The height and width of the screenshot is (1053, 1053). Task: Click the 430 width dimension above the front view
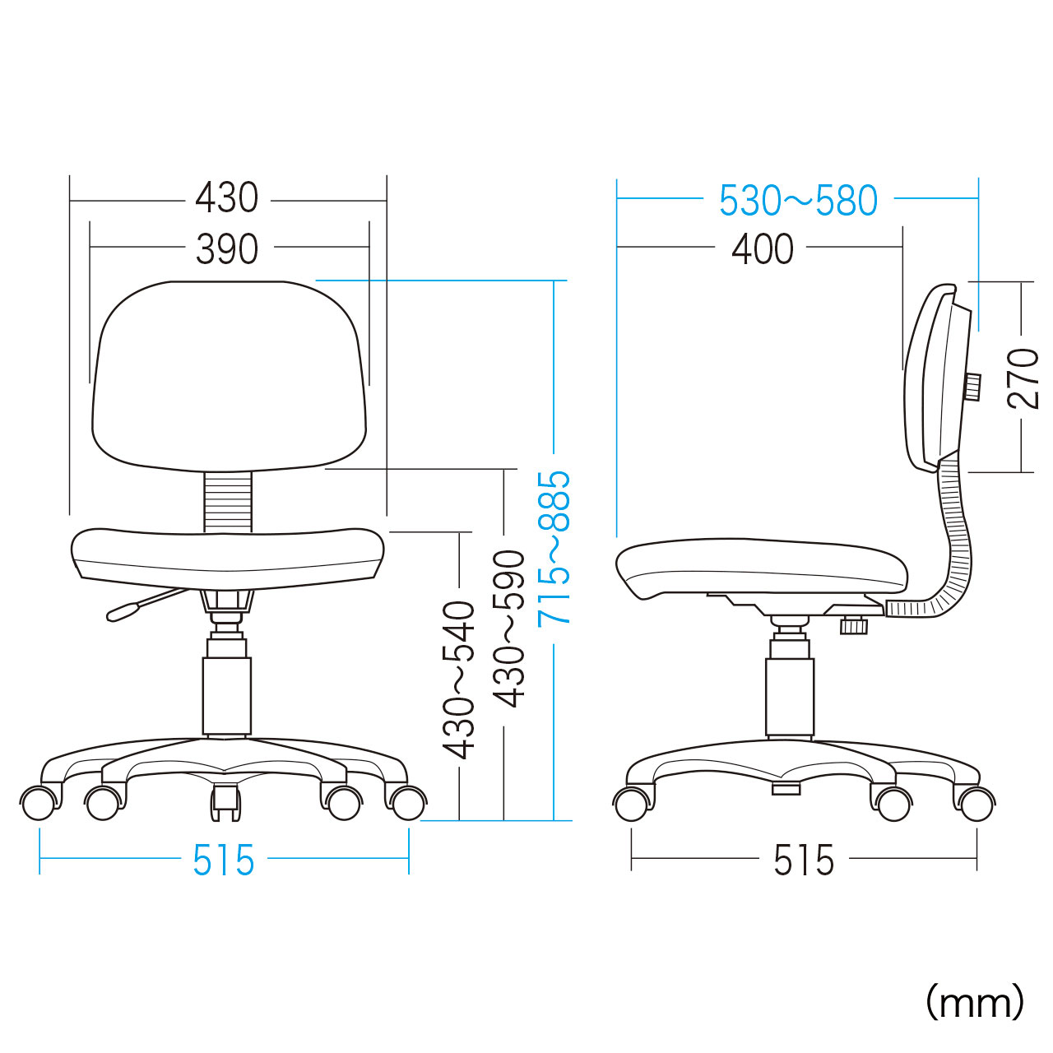point(227,197)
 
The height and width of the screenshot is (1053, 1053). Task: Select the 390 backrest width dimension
point(227,249)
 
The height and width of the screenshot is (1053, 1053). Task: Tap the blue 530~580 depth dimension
point(798,201)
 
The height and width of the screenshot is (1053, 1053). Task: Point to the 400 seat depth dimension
point(763,249)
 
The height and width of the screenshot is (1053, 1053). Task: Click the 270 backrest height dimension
point(1023,378)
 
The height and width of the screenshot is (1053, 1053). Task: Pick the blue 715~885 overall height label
point(554,548)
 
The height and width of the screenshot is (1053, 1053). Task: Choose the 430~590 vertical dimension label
point(508,629)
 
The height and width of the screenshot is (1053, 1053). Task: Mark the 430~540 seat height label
point(458,680)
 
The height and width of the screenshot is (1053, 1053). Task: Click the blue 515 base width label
point(224,860)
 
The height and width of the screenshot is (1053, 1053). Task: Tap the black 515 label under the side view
point(804,860)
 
